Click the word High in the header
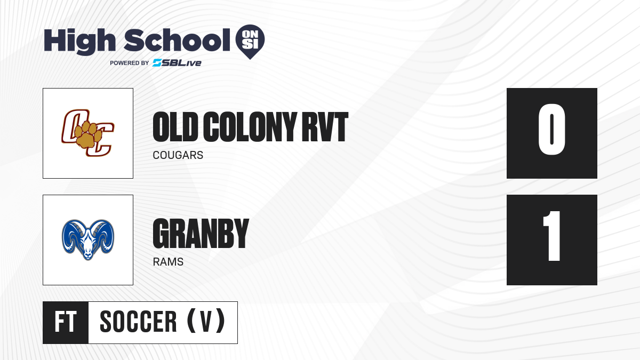[80, 41]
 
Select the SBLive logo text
[177, 63]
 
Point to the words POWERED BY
[129, 63]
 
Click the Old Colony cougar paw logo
[88, 133]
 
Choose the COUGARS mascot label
[178, 156]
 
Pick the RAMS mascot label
[168, 262]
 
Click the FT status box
[66, 322]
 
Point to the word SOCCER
[138, 322]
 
